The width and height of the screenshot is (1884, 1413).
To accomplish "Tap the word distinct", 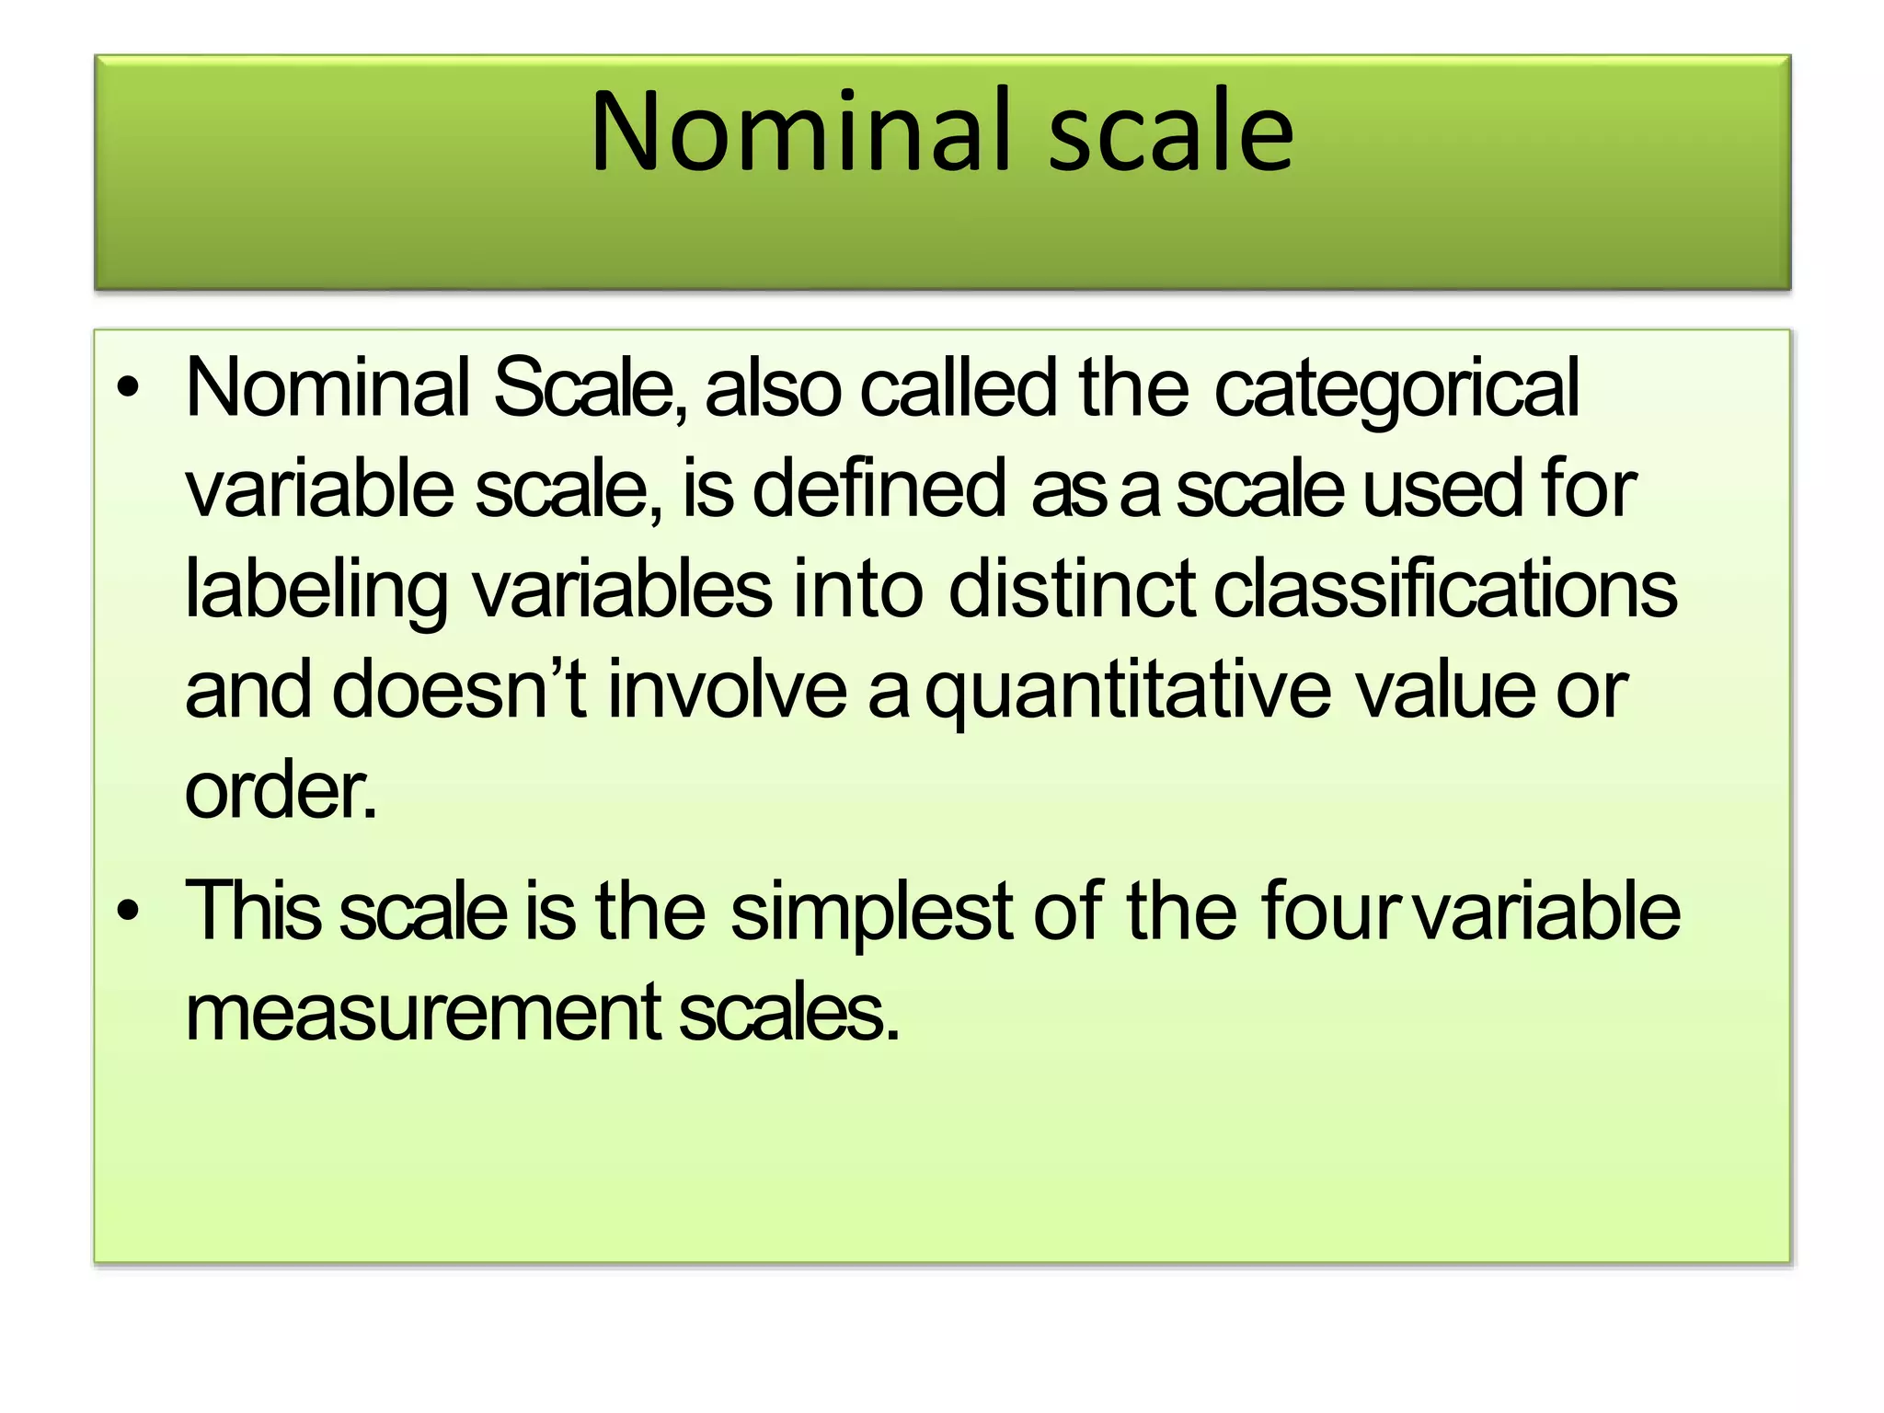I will point(1072,589).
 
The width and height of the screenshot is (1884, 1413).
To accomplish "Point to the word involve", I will point(727,689).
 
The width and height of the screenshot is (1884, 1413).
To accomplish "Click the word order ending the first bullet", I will point(281,790).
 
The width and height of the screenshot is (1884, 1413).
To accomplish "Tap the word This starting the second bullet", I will point(253,911).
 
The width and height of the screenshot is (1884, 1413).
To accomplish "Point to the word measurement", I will point(423,1012).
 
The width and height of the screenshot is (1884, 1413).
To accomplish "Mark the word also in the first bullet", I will point(773,387).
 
